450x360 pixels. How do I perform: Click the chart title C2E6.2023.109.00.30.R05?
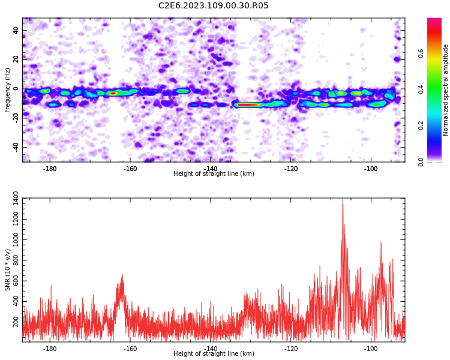(213, 5)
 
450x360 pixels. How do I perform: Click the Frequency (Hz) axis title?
(7, 90)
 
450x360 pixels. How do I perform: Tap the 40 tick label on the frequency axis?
(16, 30)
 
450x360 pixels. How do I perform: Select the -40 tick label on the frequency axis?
(16, 148)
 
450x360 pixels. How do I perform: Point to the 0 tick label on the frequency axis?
(16, 89)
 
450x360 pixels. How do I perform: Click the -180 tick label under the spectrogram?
(50, 169)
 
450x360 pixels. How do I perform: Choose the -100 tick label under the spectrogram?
(371, 169)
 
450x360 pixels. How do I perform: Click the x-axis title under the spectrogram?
(214, 173)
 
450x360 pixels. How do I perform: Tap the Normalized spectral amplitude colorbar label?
(445, 90)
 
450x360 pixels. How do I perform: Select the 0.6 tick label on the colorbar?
(421, 53)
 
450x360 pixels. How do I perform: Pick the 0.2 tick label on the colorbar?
(421, 125)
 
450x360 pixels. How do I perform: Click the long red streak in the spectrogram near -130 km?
(248, 105)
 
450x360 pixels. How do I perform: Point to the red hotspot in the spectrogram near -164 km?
(113, 94)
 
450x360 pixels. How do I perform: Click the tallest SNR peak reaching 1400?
(343, 199)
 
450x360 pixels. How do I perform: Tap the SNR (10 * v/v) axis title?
(7, 270)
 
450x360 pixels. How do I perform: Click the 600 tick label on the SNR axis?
(16, 281)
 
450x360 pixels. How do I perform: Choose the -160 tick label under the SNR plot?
(130, 349)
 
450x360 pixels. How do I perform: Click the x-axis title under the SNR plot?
(214, 353)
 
